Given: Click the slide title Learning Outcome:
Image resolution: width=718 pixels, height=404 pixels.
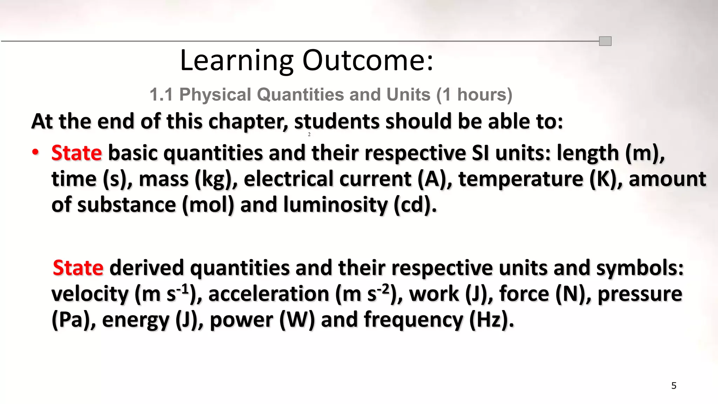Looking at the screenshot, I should (307, 60).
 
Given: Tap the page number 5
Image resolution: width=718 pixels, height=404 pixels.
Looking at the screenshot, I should (673, 386).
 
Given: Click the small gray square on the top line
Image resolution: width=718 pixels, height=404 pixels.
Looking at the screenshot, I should (605, 41).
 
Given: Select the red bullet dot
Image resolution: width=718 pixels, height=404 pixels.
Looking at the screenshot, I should (35, 152).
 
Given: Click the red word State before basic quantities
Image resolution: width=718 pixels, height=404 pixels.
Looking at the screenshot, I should (76, 153).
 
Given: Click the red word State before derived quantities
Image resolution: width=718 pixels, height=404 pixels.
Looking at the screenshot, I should (78, 268).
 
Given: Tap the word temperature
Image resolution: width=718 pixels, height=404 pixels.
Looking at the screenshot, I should (521, 179).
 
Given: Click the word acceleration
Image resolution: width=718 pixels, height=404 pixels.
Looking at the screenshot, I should (269, 294).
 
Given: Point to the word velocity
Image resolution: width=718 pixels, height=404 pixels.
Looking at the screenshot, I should (90, 294).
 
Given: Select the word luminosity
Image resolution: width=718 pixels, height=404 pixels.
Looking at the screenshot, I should (335, 205).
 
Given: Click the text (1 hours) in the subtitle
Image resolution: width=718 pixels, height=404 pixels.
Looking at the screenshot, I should (474, 95).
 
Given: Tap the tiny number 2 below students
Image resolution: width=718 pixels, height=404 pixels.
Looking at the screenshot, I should (309, 134).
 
